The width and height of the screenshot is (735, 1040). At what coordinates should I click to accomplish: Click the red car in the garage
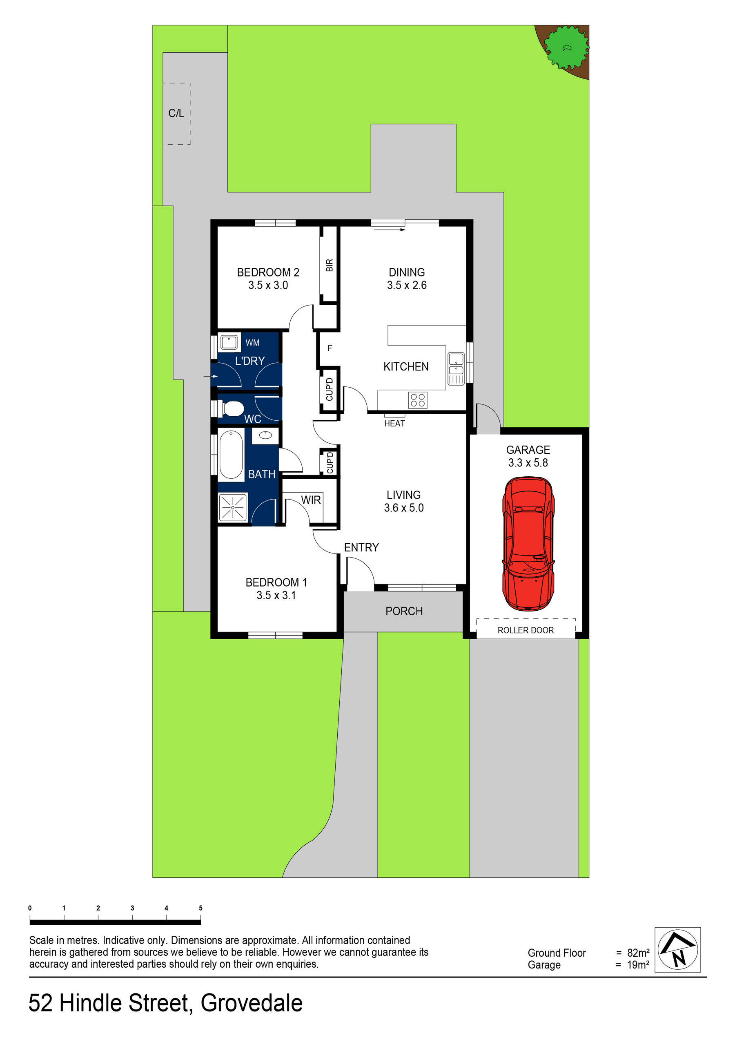click(528, 543)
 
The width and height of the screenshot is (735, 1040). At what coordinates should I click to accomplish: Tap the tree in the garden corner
click(566, 47)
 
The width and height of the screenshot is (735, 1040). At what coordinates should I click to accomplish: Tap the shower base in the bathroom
click(233, 507)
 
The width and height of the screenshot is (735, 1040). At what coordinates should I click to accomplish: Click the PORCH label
click(404, 611)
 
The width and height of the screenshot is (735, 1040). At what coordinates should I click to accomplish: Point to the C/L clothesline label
click(176, 113)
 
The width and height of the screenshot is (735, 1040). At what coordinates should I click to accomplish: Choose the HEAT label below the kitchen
click(394, 424)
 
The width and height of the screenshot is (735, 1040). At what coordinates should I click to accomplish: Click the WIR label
click(311, 500)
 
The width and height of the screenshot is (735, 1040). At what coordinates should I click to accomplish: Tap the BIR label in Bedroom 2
click(329, 265)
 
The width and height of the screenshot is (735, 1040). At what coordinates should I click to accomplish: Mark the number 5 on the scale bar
click(200, 908)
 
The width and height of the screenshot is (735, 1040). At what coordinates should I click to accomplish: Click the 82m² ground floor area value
click(638, 953)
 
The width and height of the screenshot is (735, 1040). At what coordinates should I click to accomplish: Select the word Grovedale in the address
click(252, 1003)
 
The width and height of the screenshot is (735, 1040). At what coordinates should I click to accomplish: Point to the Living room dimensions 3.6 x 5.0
click(404, 508)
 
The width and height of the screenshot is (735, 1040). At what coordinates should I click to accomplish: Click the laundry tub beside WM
click(229, 342)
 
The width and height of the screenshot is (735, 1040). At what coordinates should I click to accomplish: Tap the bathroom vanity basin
click(265, 436)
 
